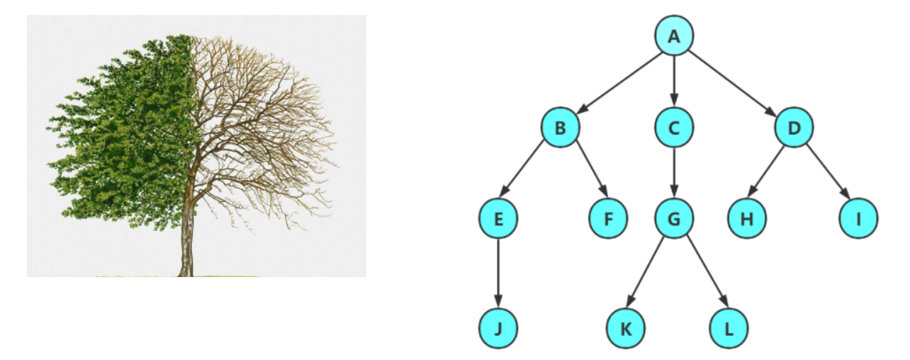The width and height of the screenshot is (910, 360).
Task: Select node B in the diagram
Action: tap(561, 128)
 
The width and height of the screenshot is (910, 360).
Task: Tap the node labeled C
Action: tap(674, 128)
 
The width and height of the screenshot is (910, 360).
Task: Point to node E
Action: tap(498, 219)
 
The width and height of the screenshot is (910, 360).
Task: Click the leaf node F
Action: tap(608, 219)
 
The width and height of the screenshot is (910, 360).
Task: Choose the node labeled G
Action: tap(674, 219)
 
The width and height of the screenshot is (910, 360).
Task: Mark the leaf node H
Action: tap(747, 219)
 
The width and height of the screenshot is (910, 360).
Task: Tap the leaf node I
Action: tap(858, 219)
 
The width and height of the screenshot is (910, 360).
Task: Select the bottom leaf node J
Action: tap(498, 328)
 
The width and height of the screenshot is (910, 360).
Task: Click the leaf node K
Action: tap(626, 328)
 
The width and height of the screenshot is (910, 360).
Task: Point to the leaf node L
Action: tap(729, 328)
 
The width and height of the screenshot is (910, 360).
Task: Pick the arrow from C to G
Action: tap(674, 174)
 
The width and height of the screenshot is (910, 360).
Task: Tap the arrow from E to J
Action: tap(498, 274)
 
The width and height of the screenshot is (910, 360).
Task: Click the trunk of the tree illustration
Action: tap(187, 241)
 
